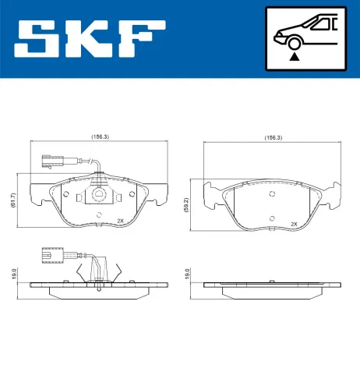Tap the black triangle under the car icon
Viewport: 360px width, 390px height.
(x=294, y=55)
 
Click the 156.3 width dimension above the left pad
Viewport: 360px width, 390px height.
(x=100, y=136)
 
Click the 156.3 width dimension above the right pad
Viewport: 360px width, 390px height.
(x=273, y=136)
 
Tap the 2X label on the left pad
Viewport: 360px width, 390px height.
(x=120, y=221)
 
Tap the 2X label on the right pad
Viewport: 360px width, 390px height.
(x=294, y=223)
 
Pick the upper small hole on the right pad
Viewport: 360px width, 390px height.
(x=271, y=193)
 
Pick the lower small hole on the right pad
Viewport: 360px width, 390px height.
(x=271, y=218)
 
